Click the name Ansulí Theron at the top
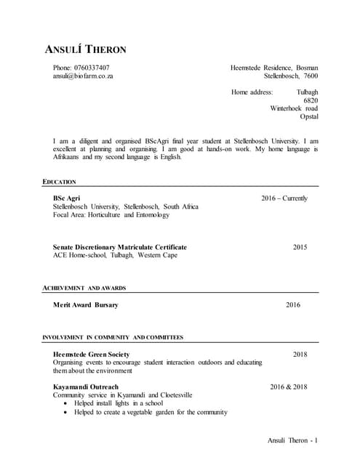(86, 50)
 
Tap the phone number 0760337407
(92, 68)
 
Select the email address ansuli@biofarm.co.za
(83, 76)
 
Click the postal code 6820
(311, 100)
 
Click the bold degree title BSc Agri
(66, 198)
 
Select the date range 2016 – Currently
(284, 198)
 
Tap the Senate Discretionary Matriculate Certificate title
(119, 247)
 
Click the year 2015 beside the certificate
(300, 247)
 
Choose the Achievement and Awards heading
(84, 288)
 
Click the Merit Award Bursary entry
(85, 305)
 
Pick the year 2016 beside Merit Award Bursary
(292, 305)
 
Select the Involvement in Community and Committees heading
(113, 338)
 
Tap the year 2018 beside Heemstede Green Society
(300, 354)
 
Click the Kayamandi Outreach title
(85, 387)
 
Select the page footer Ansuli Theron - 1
(293, 440)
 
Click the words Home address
(252, 92)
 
